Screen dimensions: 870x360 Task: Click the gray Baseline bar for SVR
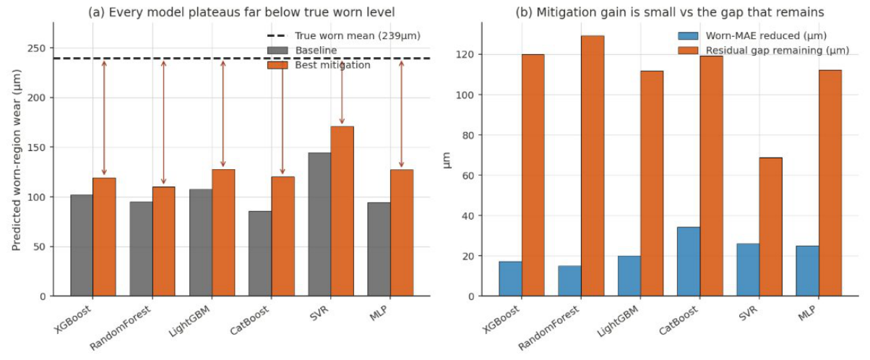pos(319,224)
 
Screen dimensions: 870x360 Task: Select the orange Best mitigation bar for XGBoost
pos(104,237)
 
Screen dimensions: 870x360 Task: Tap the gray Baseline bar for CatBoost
pos(260,254)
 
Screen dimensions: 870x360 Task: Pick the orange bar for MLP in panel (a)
pos(402,233)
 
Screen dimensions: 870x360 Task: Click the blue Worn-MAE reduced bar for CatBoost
pos(689,262)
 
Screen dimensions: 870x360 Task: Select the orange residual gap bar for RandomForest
pos(593,166)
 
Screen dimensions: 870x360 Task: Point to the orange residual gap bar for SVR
pos(770,227)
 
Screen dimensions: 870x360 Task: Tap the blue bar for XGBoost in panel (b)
pos(510,279)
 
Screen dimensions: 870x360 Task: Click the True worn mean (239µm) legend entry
pos(344,35)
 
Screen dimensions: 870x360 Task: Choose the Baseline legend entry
pos(302,51)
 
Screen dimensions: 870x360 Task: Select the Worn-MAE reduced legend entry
pos(752,35)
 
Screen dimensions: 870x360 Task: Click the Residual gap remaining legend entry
pos(764,51)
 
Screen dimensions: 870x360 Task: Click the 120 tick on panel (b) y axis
pos(465,54)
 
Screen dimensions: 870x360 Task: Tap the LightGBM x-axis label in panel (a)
pos(190,322)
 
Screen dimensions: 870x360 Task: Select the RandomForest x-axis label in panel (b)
pos(548,327)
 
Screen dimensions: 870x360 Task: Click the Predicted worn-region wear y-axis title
pos(16,160)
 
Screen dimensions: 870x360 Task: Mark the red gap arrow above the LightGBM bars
pos(223,113)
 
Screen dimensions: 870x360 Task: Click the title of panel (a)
pos(241,12)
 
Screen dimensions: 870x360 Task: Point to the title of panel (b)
pos(670,12)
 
